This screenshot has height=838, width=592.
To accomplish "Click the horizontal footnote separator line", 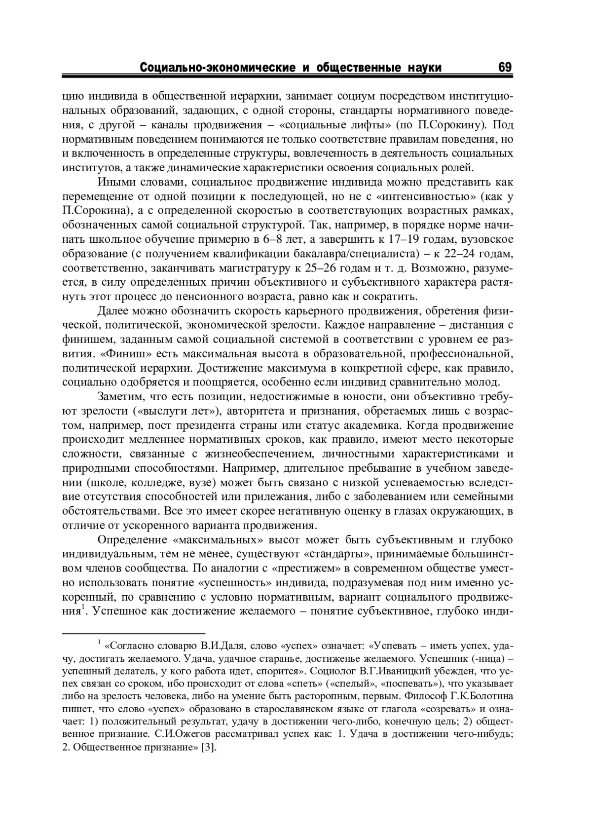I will [133, 633].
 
